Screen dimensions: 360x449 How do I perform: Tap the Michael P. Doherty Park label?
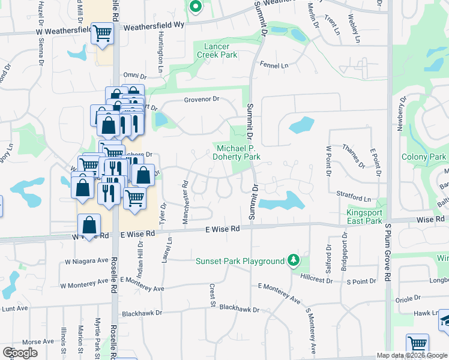click(238, 152)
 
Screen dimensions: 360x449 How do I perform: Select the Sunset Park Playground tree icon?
click(293, 260)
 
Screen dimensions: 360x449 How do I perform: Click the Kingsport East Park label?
click(364, 217)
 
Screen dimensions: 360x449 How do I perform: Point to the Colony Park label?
click(424, 157)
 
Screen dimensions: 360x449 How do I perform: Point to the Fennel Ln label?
click(274, 64)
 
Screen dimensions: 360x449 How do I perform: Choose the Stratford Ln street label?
click(354, 197)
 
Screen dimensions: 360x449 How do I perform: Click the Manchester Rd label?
click(185, 201)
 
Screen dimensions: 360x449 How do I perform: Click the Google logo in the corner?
click(20, 352)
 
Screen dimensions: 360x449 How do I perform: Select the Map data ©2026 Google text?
click(412, 355)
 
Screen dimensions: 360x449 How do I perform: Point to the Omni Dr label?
click(135, 76)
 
